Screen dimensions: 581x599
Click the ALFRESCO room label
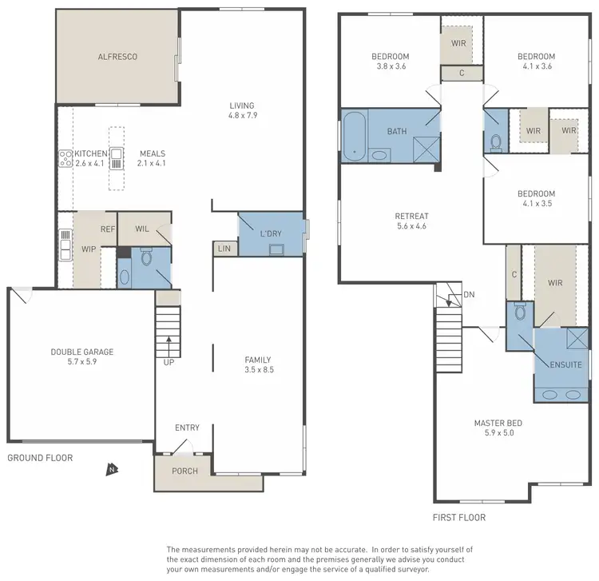[117, 57]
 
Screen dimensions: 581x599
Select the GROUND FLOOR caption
[40, 458]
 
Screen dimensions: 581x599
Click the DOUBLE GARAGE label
[81, 352]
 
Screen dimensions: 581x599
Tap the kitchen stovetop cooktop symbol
[65, 158]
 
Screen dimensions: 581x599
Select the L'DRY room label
[272, 233]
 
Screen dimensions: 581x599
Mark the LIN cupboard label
[224, 249]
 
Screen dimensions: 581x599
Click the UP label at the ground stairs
[169, 362]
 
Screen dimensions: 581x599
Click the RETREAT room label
[411, 216]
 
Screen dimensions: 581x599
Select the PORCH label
[184, 471]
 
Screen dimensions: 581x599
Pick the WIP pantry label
[88, 249]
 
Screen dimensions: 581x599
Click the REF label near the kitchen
[108, 229]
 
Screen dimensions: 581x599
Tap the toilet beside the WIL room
[145, 258]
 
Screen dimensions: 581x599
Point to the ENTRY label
[187, 428]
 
